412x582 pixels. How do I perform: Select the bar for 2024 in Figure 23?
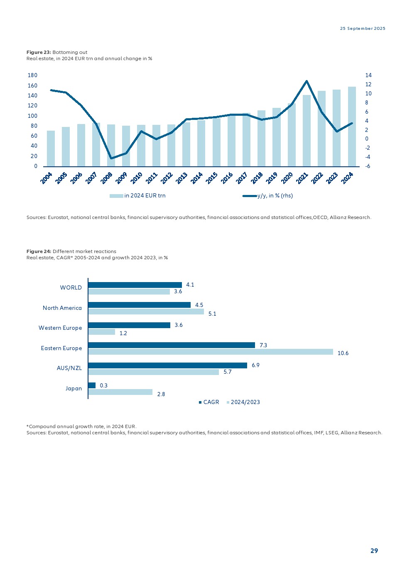coord(352,127)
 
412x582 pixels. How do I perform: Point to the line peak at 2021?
coord(307,81)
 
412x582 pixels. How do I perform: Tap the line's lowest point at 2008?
coord(111,158)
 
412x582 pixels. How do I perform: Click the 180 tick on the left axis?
coord(33,75)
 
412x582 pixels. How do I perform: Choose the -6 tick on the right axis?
coord(368,166)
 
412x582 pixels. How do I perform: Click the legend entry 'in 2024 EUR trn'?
coord(145,196)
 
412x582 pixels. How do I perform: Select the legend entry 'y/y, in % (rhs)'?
coord(275,196)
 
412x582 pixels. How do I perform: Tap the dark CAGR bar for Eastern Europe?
coord(172,345)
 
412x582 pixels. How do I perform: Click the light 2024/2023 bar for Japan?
coord(120,392)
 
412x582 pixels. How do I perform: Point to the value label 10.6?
coord(343,353)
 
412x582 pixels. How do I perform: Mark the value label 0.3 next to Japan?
coord(103,386)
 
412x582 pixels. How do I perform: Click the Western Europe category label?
coord(60,328)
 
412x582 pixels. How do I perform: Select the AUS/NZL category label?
coord(69,368)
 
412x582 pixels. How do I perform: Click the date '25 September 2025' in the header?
coord(363,29)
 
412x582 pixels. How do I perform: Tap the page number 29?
coord(374,551)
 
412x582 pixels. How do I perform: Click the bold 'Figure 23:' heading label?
coord(39,52)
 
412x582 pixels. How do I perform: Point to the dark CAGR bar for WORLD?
coord(135,285)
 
